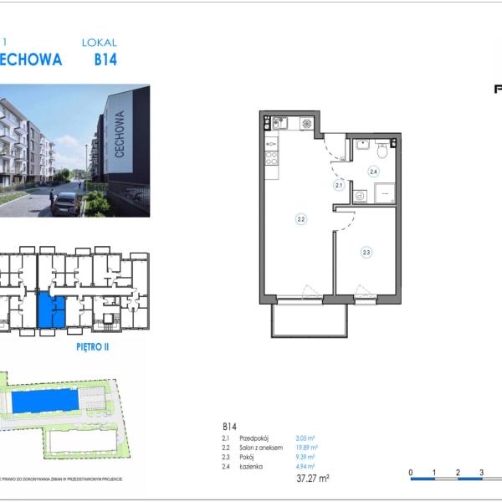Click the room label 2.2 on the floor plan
300,219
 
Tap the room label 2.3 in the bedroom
366,251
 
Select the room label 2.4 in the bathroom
373,172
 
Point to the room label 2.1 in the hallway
339,185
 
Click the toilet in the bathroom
382,150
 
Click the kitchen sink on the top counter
281,124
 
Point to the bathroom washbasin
362,145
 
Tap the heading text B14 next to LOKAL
105,59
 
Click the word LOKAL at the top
100,42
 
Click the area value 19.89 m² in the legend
306,448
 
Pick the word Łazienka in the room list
254,466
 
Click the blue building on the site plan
46,401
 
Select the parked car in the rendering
65,202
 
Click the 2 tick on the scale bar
458,474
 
